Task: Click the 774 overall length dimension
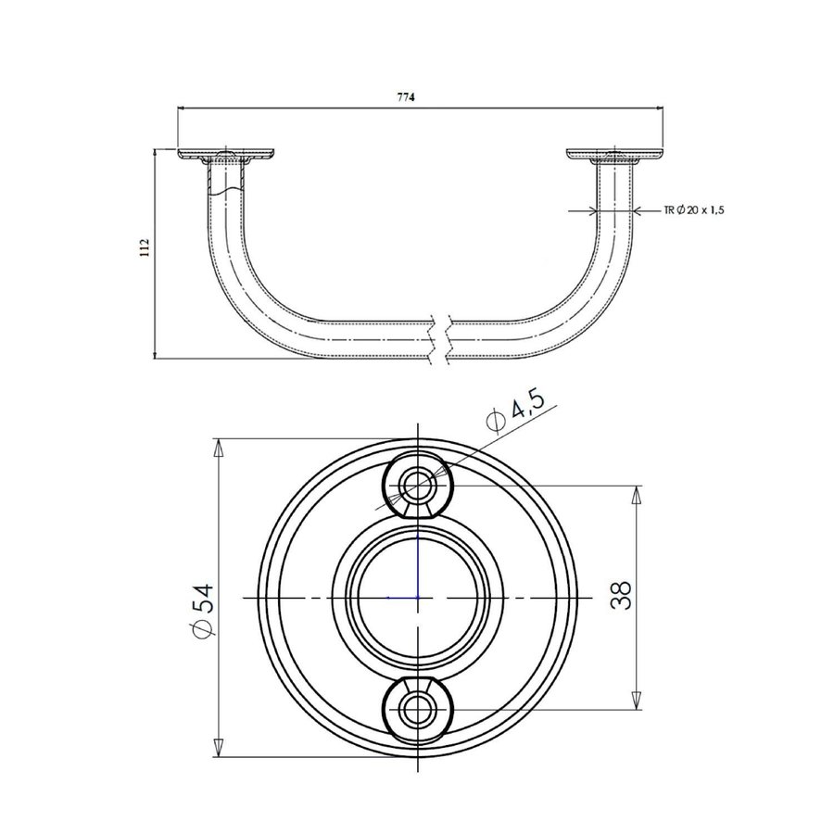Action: tap(406, 97)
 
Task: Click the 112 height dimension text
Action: tap(145, 247)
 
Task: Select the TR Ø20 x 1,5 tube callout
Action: tap(693, 210)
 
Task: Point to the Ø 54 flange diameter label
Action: tap(202, 610)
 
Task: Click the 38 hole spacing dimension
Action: tap(621, 595)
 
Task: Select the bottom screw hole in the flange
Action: tap(418, 710)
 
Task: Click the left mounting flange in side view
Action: tap(225, 155)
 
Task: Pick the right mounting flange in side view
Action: tap(615, 155)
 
